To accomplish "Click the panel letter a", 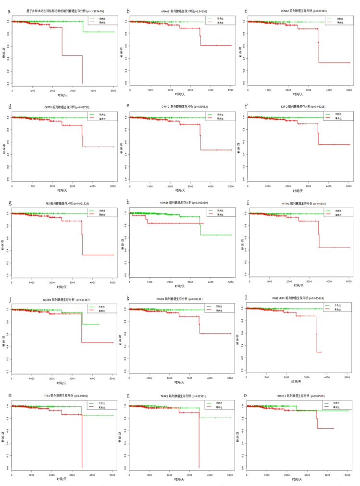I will (9, 11).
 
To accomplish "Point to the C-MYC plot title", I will (181, 107).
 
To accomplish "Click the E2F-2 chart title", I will (298, 107).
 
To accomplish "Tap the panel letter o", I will (246, 395).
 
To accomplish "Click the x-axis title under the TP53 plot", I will (62, 479).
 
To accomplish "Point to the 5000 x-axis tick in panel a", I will (112, 90).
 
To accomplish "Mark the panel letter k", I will (128, 299).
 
